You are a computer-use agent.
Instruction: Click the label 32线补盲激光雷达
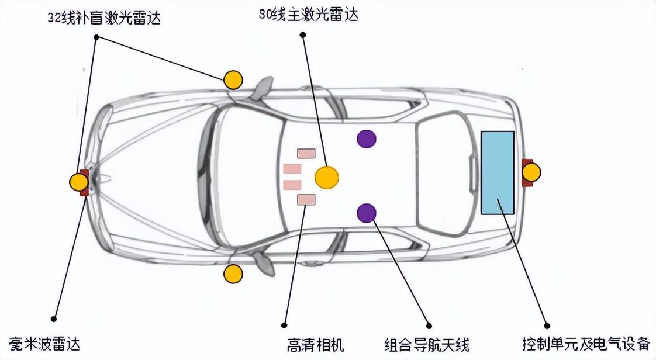tap(104, 18)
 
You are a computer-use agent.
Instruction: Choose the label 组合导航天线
tap(427, 344)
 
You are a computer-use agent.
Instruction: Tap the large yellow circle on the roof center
tap(326, 176)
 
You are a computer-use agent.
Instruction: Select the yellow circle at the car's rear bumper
tap(531, 172)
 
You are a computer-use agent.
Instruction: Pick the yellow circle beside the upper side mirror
tap(233, 79)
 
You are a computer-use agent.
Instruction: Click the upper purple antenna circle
tap(367, 139)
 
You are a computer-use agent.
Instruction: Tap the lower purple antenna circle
tap(367, 213)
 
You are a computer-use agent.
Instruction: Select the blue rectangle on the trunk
tap(497, 172)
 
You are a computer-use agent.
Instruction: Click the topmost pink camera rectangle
tap(306, 153)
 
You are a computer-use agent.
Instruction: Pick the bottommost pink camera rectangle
tap(306, 200)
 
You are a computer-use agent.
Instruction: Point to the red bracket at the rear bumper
tap(524, 172)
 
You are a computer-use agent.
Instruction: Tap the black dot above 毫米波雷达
tap(54, 319)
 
